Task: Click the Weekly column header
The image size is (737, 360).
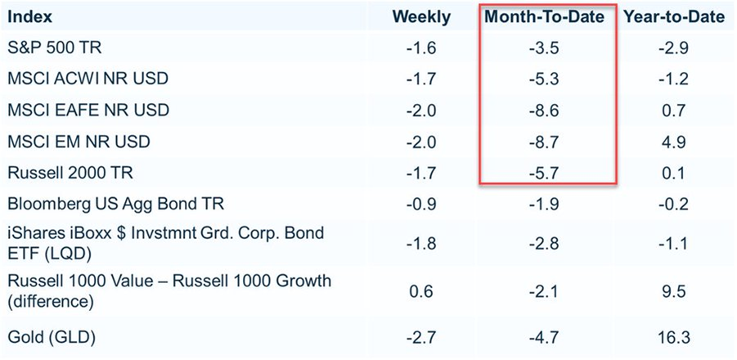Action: click(421, 17)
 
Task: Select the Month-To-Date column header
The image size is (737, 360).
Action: click(545, 17)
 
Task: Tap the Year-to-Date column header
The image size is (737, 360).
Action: click(674, 17)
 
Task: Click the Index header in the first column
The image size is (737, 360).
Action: click(30, 17)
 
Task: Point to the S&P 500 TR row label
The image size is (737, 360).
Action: click(55, 47)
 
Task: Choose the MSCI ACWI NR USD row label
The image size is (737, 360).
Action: click(88, 79)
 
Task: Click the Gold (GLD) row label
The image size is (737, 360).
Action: click(52, 337)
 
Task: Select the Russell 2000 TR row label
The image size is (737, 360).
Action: click(70, 173)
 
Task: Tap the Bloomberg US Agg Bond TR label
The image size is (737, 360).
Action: click(116, 204)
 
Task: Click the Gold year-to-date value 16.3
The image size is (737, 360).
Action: click(674, 337)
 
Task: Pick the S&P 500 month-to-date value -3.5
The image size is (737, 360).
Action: click(545, 47)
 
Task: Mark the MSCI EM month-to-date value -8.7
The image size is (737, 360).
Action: click(545, 142)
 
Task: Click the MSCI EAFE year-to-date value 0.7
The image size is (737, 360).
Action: click(674, 110)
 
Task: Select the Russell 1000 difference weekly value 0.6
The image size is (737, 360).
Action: click(421, 291)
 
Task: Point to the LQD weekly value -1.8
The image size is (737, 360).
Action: click(421, 244)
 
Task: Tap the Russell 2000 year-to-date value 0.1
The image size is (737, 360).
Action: click(674, 173)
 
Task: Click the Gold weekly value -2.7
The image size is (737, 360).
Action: click(421, 337)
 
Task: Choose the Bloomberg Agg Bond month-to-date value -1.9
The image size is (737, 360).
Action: click(545, 204)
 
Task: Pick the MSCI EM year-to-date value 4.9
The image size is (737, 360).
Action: click(674, 142)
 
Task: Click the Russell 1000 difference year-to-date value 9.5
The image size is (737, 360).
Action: click(674, 291)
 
